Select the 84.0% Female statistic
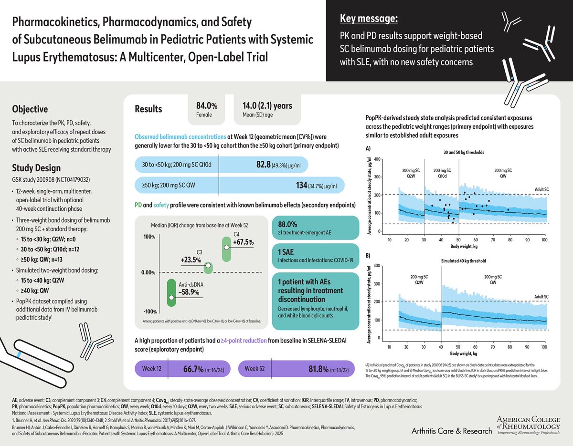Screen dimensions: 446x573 [x=207, y=105]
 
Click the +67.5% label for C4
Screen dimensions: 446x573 [x=243, y=242]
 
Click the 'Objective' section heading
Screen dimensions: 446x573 [x=30, y=108]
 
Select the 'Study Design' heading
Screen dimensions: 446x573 [x=36, y=168]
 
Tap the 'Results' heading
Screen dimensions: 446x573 [x=149, y=109]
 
